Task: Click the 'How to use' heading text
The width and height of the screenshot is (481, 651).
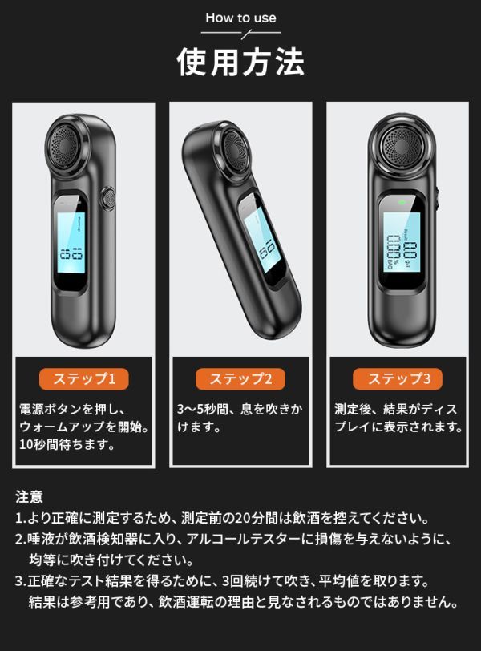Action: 240,17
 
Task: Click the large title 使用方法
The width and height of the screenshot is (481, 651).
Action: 240,60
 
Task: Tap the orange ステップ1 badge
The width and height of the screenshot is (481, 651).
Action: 84,378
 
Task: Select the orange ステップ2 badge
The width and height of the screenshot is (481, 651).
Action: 241,378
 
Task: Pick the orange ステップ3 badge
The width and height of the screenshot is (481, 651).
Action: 398,378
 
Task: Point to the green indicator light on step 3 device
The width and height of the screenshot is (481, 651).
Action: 400,201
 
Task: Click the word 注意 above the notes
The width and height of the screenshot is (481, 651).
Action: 29,497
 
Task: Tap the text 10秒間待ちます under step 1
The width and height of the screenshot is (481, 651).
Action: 67,443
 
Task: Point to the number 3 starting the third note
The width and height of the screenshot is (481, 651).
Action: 18,580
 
